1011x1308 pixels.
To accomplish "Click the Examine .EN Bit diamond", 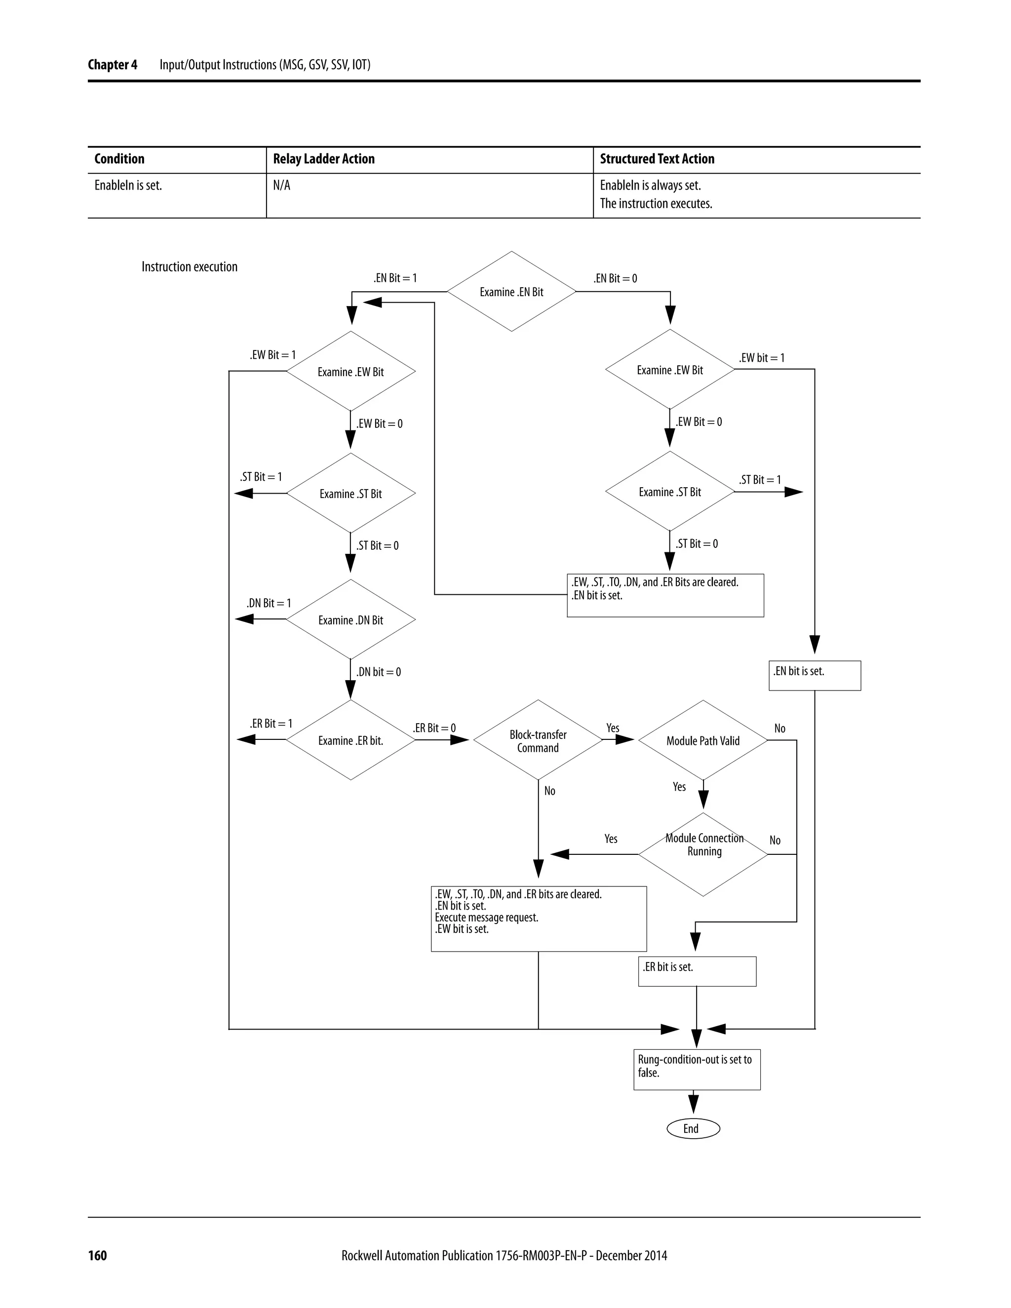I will coord(511,292).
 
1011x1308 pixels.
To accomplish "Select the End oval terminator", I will coord(693,1128).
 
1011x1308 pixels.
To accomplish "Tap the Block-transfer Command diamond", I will coord(538,741).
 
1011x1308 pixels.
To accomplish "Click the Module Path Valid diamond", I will coord(703,741).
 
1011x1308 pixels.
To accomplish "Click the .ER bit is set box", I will coord(697,971).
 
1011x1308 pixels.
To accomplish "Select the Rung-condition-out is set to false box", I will coord(697,1069).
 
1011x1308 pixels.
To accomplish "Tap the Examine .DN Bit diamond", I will coord(350,620).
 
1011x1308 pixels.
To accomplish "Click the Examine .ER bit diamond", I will coord(350,741).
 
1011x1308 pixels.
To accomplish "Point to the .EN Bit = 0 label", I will coord(615,278).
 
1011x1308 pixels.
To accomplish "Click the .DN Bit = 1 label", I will coord(269,603).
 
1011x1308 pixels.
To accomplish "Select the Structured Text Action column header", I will coord(657,159).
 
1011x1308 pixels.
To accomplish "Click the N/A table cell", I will coord(281,186).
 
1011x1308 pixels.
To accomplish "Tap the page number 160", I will coord(97,1256).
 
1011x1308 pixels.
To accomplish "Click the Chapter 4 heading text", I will coord(113,65).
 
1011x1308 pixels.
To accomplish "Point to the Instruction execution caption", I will coord(189,267).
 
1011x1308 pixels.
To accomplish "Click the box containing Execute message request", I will coord(539,918).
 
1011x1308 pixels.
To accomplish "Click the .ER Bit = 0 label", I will coord(434,728).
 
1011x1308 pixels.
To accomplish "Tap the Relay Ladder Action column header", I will coord(323,159).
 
